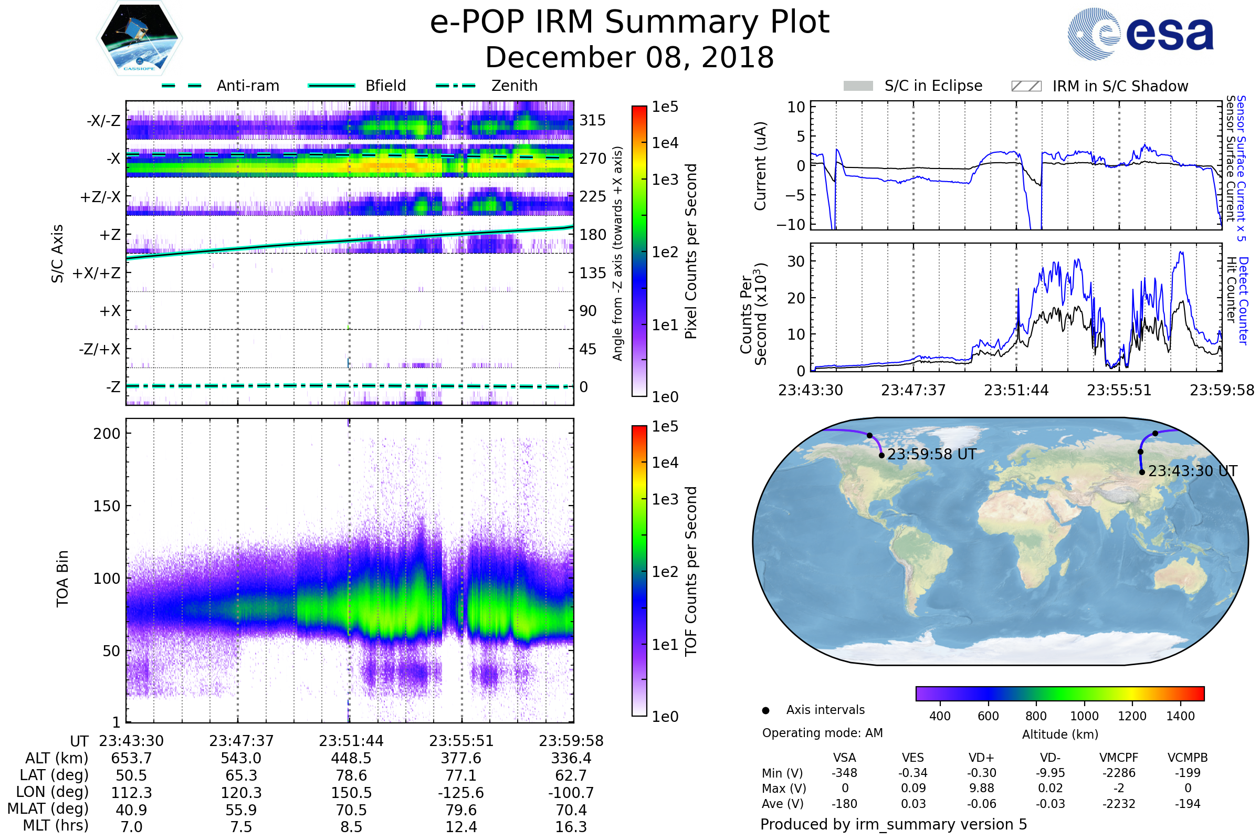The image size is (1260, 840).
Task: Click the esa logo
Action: pyautogui.click(x=1140, y=34)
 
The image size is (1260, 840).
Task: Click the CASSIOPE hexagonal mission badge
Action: pyautogui.click(x=139, y=38)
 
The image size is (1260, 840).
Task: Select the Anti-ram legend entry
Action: pyautogui.click(x=220, y=86)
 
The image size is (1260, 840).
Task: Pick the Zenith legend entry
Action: pyautogui.click(x=487, y=86)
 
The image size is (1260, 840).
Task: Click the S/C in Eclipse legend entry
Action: pyautogui.click(x=913, y=86)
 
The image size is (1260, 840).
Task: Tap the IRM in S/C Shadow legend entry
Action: pyautogui.click(x=1100, y=86)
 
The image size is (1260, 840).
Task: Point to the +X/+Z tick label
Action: pyautogui.click(x=97, y=273)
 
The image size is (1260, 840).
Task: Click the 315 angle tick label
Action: pyautogui.click(x=593, y=120)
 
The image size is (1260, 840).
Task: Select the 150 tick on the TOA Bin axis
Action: pyautogui.click(x=107, y=506)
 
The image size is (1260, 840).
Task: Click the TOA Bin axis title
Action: pyautogui.click(x=62, y=579)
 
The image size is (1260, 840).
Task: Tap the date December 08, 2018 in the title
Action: pyautogui.click(x=629, y=57)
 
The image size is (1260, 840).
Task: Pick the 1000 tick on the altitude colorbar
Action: pyautogui.click(x=1084, y=716)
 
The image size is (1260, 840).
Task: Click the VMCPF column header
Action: pyautogui.click(x=1119, y=758)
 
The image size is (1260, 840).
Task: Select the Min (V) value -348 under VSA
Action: pyautogui.click(x=844, y=773)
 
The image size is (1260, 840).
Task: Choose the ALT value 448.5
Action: pyautogui.click(x=351, y=759)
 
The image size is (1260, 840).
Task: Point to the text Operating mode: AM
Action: pyautogui.click(x=822, y=733)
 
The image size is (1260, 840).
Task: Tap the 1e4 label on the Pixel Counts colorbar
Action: pyautogui.click(x=665, y=143)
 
